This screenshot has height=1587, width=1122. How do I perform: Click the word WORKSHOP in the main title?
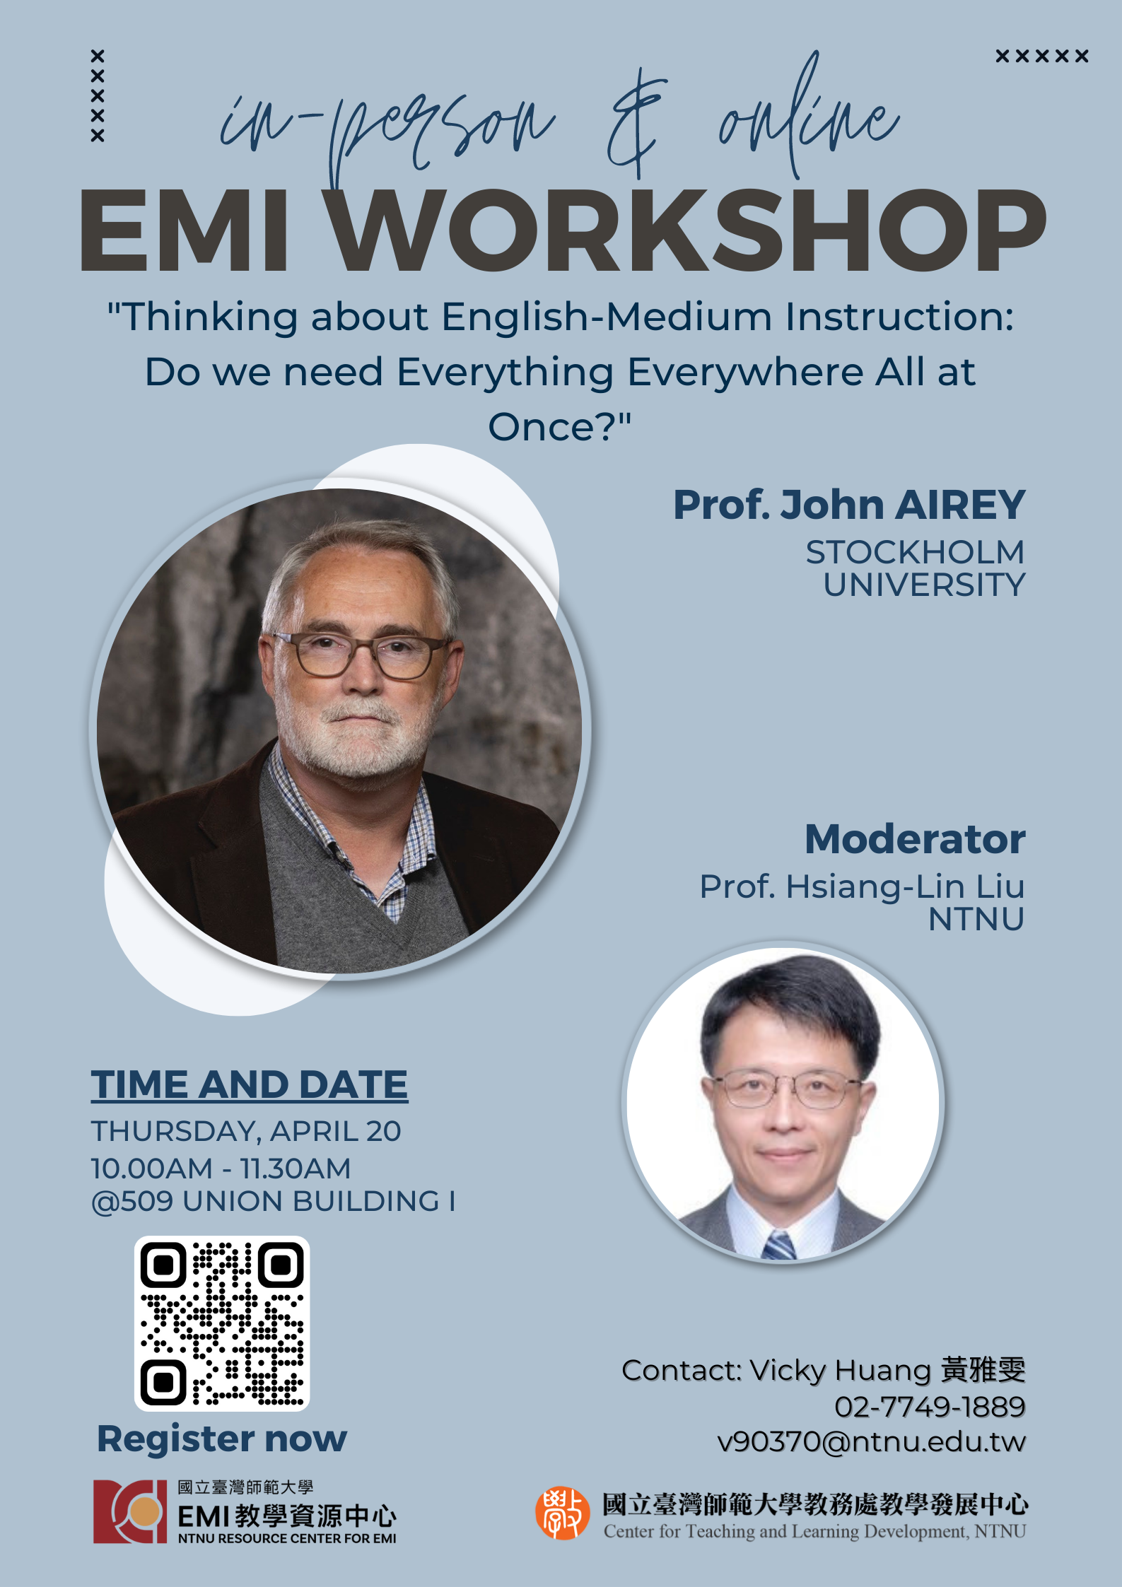click(689, 230)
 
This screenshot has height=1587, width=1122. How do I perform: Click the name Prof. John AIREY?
click(849, 505)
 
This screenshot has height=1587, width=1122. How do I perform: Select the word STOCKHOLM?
click(915, 552)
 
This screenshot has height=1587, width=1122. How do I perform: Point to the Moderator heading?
click(915, 839)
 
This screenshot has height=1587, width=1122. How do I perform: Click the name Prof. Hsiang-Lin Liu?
click(862, 886)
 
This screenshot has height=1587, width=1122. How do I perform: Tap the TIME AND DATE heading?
click(249, 1084)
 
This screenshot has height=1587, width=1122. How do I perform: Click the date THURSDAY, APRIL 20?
click(246, 1131)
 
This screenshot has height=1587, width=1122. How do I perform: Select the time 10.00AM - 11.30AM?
click(221, 1168)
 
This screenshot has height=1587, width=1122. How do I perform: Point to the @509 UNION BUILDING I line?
click(274, 1201)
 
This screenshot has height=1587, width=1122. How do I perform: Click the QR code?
click(222, 1323)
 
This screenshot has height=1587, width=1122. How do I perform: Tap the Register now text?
click(222, 1439)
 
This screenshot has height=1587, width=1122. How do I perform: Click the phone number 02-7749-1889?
click(930, 1407)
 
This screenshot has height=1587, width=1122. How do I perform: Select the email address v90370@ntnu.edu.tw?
click(871, 1441)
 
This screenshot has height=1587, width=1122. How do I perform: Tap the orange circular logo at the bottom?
click(562, 1513)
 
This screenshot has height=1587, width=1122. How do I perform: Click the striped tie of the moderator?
click(778, 1246)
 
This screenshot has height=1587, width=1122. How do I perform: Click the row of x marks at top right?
click(1041, 56)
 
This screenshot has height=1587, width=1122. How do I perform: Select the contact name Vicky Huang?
click(841, 1370)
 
